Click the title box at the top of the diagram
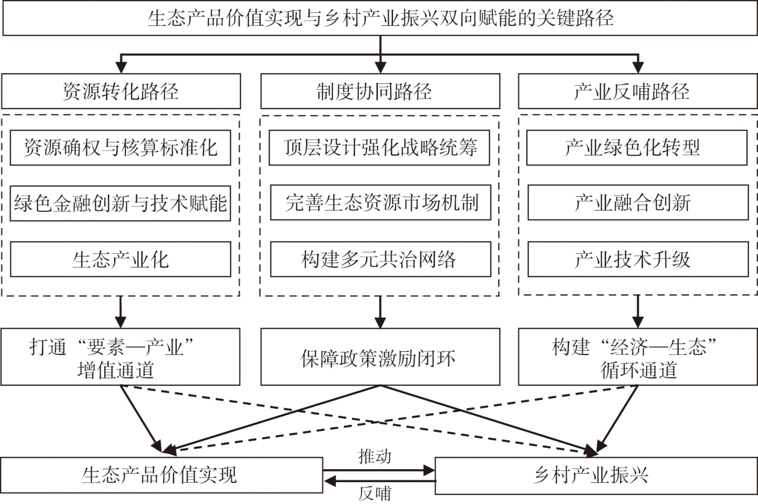click(380, 19)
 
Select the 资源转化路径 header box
click(121, 91)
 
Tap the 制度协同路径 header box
click(380, 91)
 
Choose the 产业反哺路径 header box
click(638, 91)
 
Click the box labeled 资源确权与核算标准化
click(120, 148)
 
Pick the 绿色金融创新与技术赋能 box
click(120, 203)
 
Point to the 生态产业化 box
click(120, 260)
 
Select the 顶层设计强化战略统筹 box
click(380, 148)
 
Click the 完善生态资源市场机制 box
click(381, 202)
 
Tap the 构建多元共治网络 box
click(381, 260)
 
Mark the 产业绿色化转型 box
click(637, 148)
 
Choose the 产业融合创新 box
click(638, 202)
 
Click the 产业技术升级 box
click(638, 260)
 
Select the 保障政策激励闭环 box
click(380, 358)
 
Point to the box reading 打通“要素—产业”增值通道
click(120, 357)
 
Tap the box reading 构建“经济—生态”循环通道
click(638, 357)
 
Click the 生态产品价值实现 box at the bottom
click(162, 475)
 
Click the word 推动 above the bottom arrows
click(374, 457)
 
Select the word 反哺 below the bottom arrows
click(374, 494)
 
